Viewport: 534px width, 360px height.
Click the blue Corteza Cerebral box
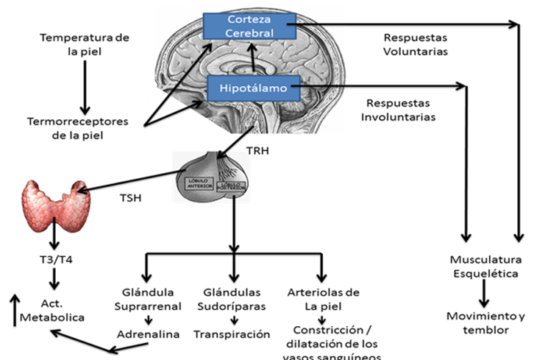point(250,26)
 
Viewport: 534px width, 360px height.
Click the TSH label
point(129,198)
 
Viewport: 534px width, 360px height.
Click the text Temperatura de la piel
point(74,44)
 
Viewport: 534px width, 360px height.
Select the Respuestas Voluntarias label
point(416,44)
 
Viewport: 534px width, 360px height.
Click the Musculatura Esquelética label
point(486,267)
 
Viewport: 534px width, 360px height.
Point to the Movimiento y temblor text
point(486,323)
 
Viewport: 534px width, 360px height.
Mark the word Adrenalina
point(148,333)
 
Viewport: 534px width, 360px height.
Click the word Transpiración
point(232,333)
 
